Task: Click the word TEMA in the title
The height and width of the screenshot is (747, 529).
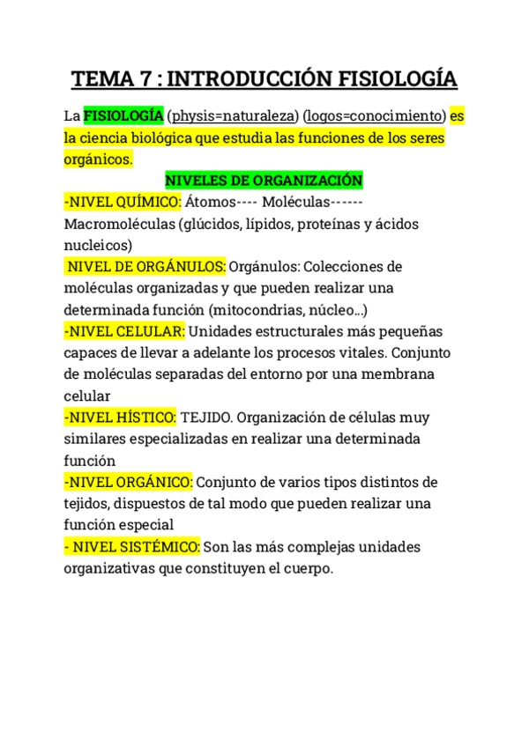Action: [101, 79]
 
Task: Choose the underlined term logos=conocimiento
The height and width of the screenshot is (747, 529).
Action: [373, 116]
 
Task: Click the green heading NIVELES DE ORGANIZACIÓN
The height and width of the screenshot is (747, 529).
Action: [264, 181]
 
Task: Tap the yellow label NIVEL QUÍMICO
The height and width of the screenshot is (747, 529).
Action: [123, 202]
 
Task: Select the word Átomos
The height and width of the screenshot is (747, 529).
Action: [216, 202]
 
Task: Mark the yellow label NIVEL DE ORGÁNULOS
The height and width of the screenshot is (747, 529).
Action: [146, 266]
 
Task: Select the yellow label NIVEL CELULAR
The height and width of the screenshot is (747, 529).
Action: [124, 331]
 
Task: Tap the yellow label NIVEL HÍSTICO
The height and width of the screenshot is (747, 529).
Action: [121, 417]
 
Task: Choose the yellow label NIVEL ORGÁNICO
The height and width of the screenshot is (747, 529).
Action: [128, 482]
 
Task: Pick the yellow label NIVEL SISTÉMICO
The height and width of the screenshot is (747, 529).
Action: [132, 547]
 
